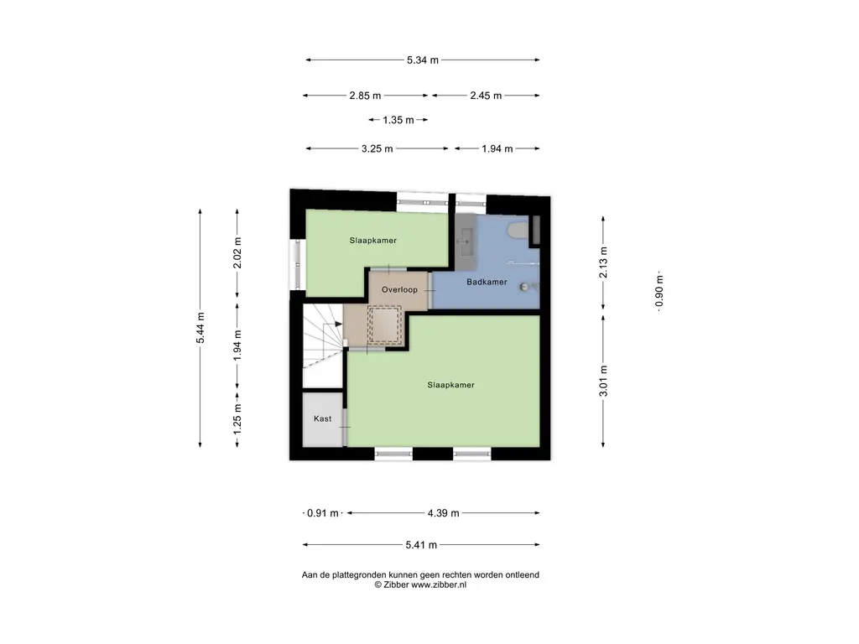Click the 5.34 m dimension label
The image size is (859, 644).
click(423, 60)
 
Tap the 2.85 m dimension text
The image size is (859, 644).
click(365, 96)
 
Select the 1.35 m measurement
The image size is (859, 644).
click(398, 120)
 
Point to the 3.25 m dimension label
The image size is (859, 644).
click(377, 149)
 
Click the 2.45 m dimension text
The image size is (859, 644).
click(486, 96)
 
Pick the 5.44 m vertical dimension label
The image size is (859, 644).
click(200, 328)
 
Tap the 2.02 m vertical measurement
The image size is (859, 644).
click(237, 253)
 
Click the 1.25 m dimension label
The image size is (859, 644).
click(237, 419)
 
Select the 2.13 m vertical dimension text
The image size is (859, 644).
click(603, 262)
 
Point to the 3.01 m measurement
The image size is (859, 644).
click(603, 381)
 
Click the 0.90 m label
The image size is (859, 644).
click(659, 291)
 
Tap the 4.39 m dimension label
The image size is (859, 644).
click(443, 514)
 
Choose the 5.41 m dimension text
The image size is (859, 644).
click(421, 545)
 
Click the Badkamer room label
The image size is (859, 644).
click(487, 282)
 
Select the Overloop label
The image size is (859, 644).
click(399, 289)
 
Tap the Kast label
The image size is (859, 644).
click(323, 419)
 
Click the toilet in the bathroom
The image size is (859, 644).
click(517, 230)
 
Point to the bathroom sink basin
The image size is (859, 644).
click(466, 241)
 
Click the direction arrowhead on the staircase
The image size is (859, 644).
click(339, 325)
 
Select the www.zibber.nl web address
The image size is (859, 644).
click(439, 584)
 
